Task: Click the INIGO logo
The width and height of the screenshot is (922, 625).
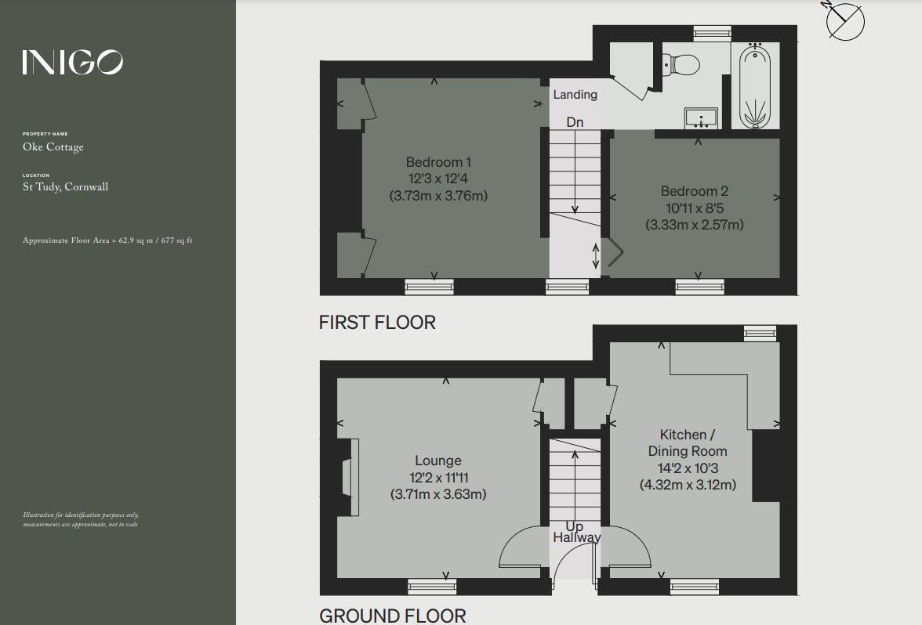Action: pyautogui.click(x=72, y=62)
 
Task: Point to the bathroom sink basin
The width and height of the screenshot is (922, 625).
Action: pyautogui.click(x=699, y=118)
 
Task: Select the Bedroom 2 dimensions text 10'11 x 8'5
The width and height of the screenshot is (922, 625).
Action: pyautogui.click(x=694, y=208)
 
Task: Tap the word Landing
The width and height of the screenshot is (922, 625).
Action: pyautogui.click(x=575, y=95)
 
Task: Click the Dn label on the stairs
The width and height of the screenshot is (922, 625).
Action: pyautogui.click(x=575, y=122)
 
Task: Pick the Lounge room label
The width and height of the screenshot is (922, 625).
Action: pyautogui.click(x=438, y=461)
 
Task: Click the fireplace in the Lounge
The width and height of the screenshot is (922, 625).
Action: pyautogui.click(x=349, y=477)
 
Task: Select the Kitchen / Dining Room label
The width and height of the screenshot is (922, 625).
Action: pyautogui.click(x=687, y=443)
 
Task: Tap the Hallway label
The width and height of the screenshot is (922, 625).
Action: pyautogui.click(x=576, y=537)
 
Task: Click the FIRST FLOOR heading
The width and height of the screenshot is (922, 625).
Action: pyautogui.click(x=377, y=322)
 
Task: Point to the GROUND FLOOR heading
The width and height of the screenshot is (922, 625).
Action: pyautogui.click(x=392, y=616)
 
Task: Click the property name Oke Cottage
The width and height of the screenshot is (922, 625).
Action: pyautogui.click(x=53, y=147)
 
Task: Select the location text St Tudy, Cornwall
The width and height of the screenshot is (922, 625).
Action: pyautogui.click(x=66, y=187)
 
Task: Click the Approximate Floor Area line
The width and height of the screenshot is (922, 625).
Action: pyautogui.click(x=108, y=240)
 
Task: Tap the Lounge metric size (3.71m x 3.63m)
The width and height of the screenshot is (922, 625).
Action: pyautogui.click(x=438, y=494)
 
